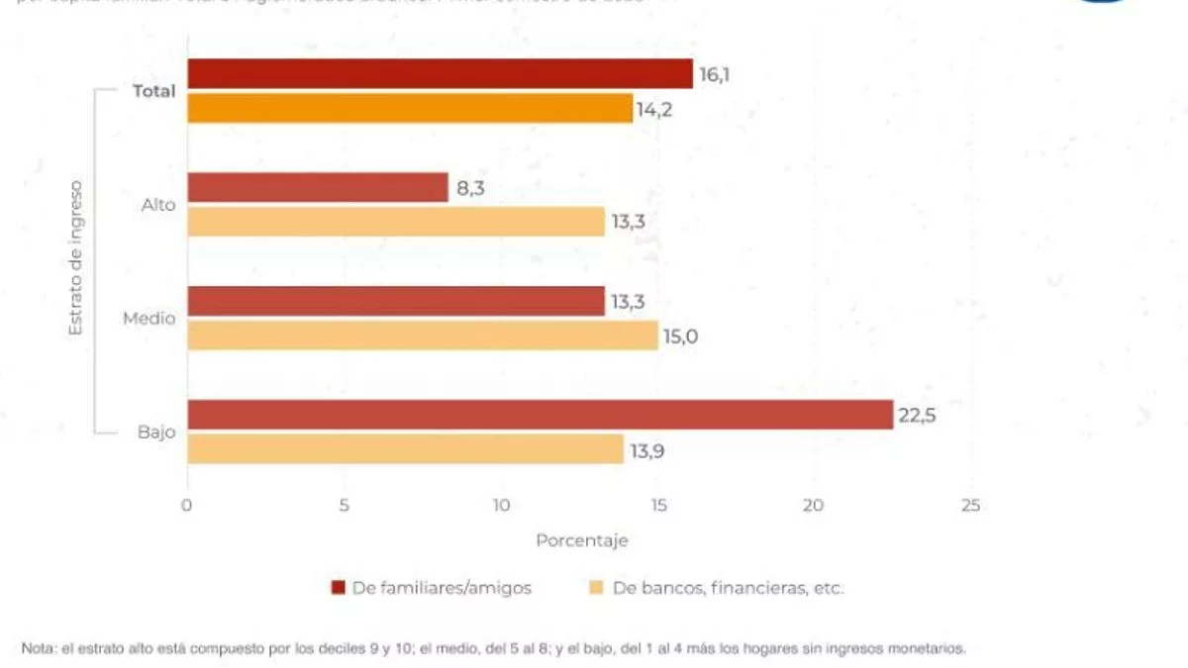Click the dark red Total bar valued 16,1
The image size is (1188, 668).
coord(440,73)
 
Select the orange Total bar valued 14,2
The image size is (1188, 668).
coord(410,108)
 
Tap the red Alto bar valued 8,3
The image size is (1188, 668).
coord(318,187)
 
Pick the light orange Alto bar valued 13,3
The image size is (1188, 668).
coord(396,222)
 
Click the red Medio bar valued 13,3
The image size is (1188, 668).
coord(396,301)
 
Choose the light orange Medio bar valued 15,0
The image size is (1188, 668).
coord(423,335)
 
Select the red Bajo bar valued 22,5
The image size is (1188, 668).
coord(541,415)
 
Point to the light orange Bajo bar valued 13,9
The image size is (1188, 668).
coord(405,449)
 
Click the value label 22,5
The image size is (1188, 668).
coord(917,416)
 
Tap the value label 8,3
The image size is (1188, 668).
coord(471,188)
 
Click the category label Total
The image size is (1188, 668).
coord(153,91)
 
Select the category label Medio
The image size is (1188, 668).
coord(149,319)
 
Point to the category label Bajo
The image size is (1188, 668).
coord(156,432)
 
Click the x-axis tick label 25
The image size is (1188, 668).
coord(970,506)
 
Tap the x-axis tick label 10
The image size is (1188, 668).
coord(501,506)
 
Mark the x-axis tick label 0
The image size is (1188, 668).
coord(186,506)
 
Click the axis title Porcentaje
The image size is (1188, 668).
coord(581,541)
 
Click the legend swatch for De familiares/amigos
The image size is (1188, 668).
coord(339,588)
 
